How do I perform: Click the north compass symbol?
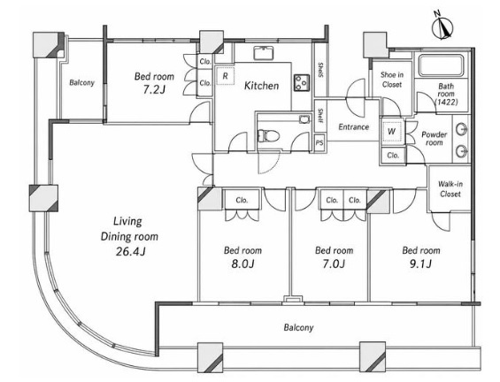tap(443, 27)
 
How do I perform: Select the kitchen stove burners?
tap(302, 82)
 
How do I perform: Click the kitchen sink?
tap(264, 53)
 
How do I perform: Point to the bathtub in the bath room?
tap(441, 65)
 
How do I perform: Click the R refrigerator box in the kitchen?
tap(225, 76)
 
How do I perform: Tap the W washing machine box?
tap(392, 131)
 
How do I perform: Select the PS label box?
tap(319, 142)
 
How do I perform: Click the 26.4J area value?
tap(131, 252)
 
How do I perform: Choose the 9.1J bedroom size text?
tap(421, 264)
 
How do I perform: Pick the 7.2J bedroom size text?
tap(154, 89)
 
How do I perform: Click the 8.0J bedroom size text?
tap(242, 264)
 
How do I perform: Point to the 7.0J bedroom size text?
tap(334, 264)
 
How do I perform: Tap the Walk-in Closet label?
tap(450, 189)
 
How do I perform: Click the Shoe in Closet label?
tap(392, 80)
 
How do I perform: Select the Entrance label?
tap(354, 126)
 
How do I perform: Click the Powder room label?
tap(434, 139)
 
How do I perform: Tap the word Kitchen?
tap(261, 86)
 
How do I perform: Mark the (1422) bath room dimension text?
tap(446, 102)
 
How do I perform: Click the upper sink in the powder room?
tap(461, 130)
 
